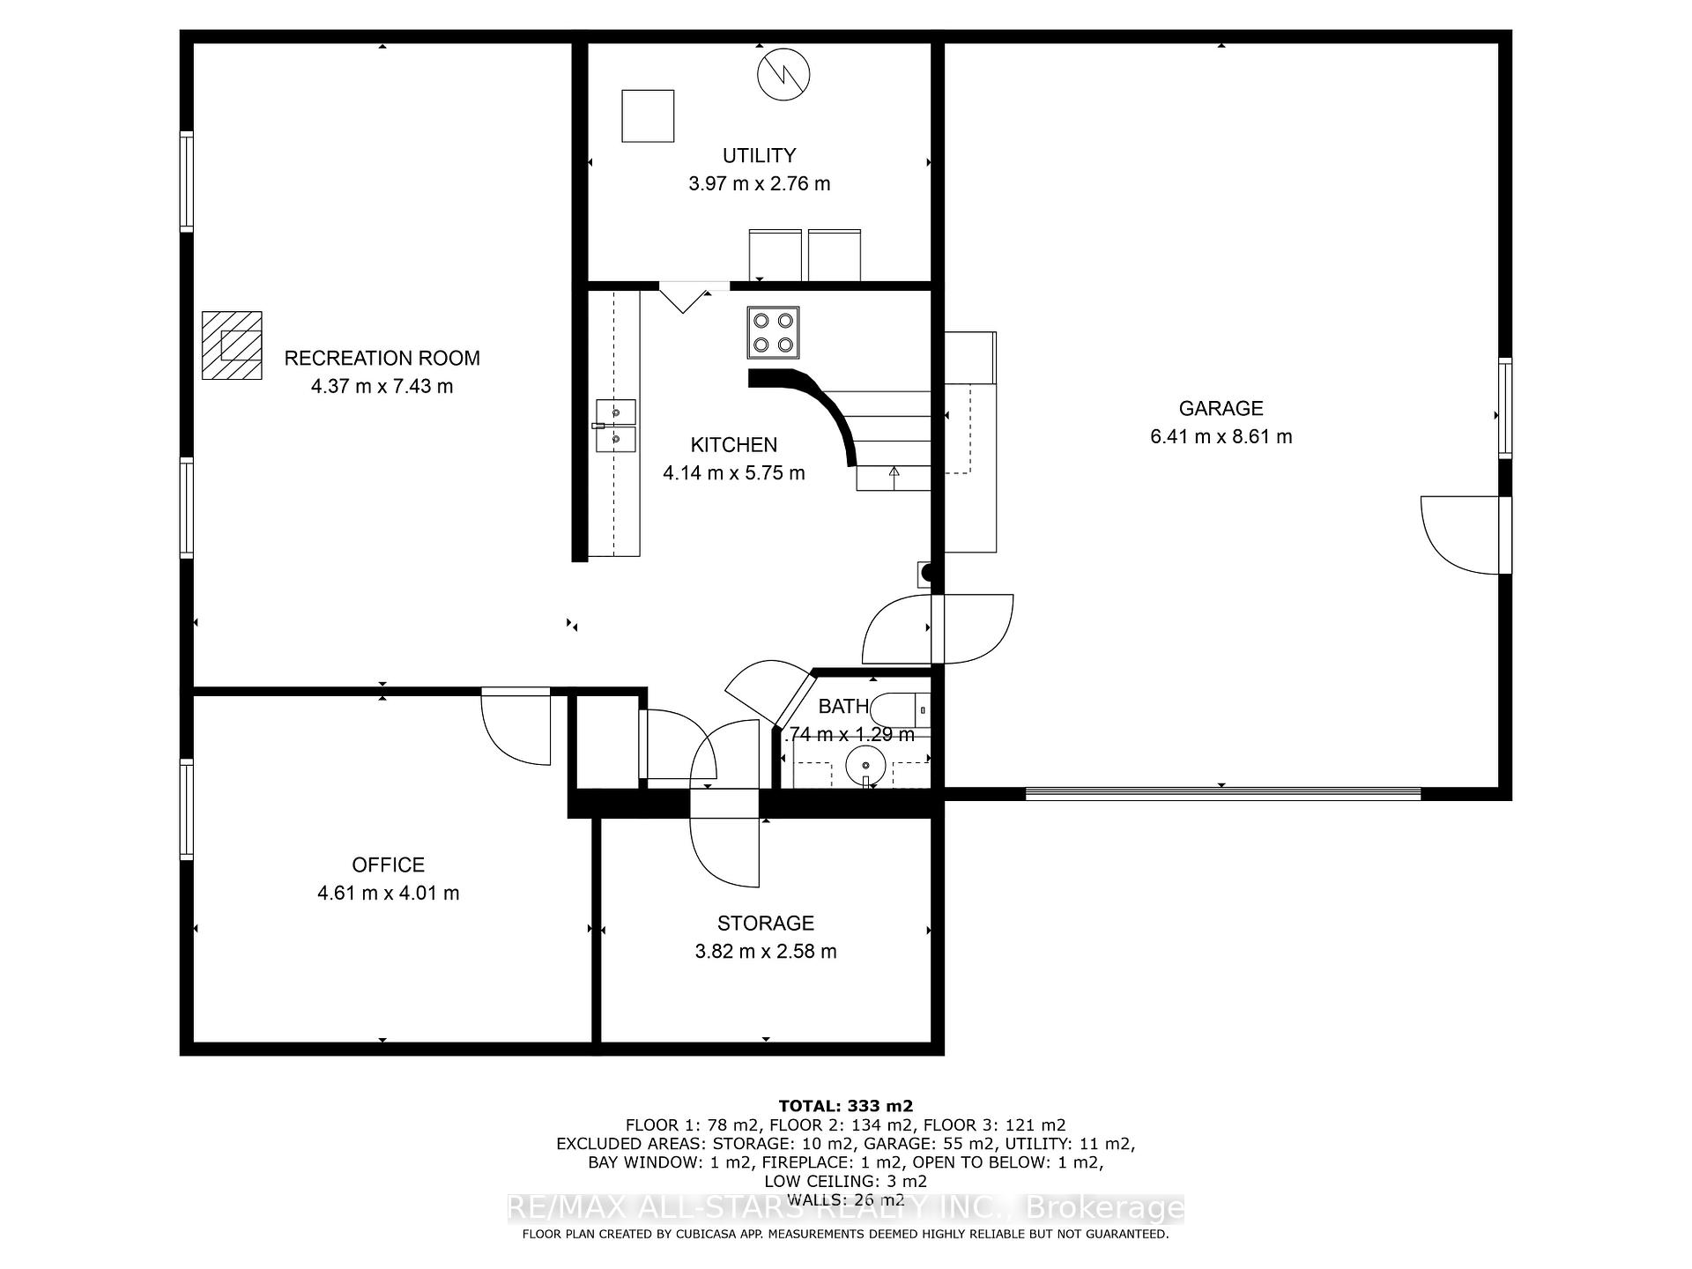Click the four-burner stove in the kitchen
(x=774, y=332)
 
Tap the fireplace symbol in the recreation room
(x=232, y=345)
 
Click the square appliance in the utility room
(x=648, y=115)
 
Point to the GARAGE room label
(x=1221, y=408)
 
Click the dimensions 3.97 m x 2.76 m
(x=759, y=183)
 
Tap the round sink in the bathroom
(x=866, y=764)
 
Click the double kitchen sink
(x=616, y=426)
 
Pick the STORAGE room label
(x=765, y=923)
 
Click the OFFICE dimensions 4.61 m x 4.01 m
(x=388, y=893)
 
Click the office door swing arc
(x=516, y=728)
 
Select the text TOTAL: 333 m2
(x=845, y=1105)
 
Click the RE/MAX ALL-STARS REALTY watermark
(x=845, y=1207)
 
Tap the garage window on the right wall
(x=1505, y=408)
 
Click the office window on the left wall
(x=187, y=809)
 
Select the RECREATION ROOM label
(x=382, y=358)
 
